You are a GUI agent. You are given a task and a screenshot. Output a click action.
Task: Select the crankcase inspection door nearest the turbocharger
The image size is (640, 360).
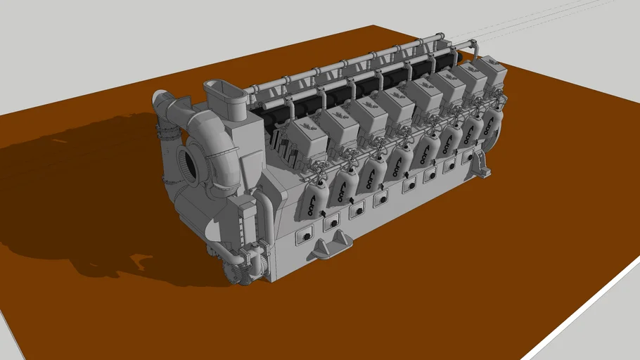(306, 238)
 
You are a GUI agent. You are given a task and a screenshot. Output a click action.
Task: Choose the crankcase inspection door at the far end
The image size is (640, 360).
(467, 159)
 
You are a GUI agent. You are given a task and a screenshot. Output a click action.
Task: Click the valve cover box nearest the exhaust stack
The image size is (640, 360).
(308, 134)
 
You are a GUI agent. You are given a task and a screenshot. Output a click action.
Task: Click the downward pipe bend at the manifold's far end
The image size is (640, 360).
(477, 50)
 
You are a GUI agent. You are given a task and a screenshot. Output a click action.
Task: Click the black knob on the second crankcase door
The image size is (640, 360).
(332, 224)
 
